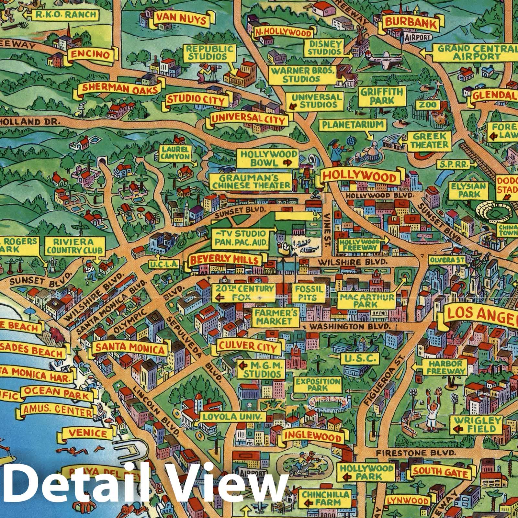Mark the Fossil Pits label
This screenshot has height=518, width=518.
pyautogui.click(x=309, y=292)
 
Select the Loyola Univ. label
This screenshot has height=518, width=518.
pyautogui.click(x=232, y=416)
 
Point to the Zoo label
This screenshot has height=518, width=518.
pyautogui.click(x=427, y=105)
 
